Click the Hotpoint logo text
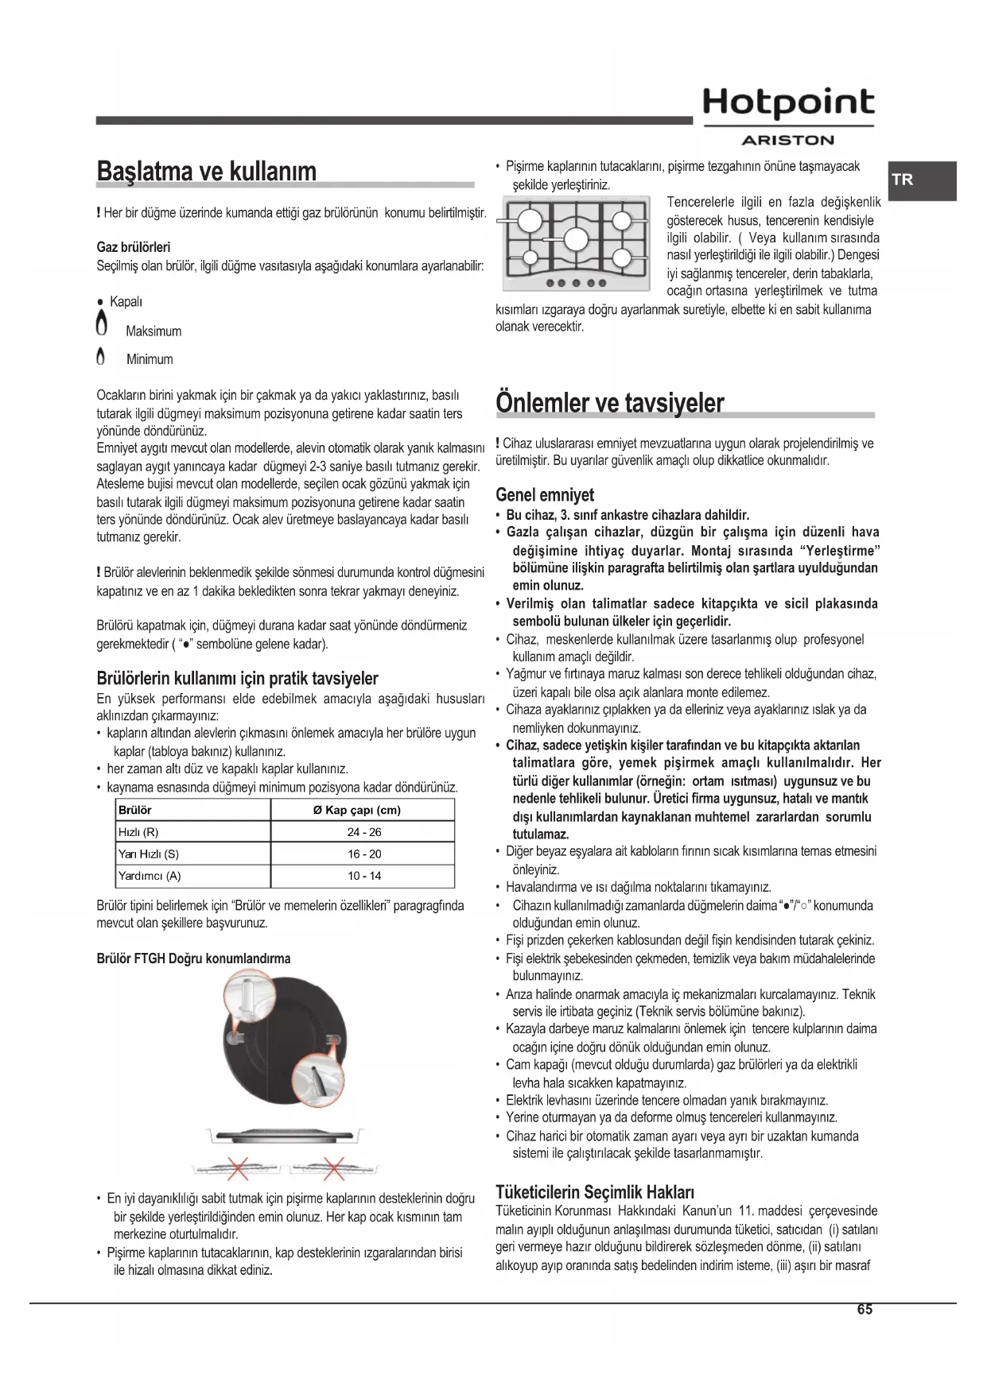(x=788, y=103)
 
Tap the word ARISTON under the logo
(x=787, y=141)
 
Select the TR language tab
(x=903, y=180)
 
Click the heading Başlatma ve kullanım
(x=206, y=171)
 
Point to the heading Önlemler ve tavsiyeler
(x=609, y=402)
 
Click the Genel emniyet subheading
(x=545, y=494)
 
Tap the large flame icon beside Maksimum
(x=101, y=325)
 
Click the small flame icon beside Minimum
(x=100, y=358)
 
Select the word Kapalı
(x=126, y=302)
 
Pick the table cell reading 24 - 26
(x=363, y=832)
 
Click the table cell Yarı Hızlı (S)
(x=149, y=854)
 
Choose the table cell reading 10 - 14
(x=363, y=876)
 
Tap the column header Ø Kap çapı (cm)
(x=363, y=810)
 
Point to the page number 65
(x=865, y=1310)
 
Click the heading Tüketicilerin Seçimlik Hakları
(x=595, y=1192)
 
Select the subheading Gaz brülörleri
(x=134, y=247)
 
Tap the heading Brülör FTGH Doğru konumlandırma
(x=193, y=958)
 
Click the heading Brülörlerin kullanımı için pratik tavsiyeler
(x=237, y=679)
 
